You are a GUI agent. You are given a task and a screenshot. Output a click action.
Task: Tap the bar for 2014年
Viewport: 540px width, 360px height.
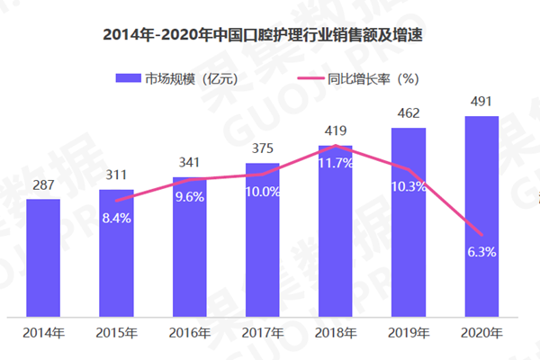[43, 256]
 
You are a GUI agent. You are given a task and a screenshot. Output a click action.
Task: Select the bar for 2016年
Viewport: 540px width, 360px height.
[189, 247]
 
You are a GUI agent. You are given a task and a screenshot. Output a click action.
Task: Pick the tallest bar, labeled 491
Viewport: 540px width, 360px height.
[481, 216]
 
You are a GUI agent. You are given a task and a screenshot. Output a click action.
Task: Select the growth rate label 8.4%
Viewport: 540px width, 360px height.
[116, 217]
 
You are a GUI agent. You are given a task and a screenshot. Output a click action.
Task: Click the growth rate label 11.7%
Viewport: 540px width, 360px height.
[336, 164]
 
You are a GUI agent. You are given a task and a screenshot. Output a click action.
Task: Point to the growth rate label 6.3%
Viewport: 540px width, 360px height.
[481, 252]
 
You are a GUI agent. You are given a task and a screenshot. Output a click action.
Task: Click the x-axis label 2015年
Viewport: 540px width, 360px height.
[116, 332]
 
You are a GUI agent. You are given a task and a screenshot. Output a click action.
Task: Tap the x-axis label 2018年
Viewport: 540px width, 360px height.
[336, 332]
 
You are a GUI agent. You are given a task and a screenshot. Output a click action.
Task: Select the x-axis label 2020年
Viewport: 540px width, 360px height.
[481, 332]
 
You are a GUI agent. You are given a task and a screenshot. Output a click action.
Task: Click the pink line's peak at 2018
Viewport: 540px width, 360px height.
[336, 145]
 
